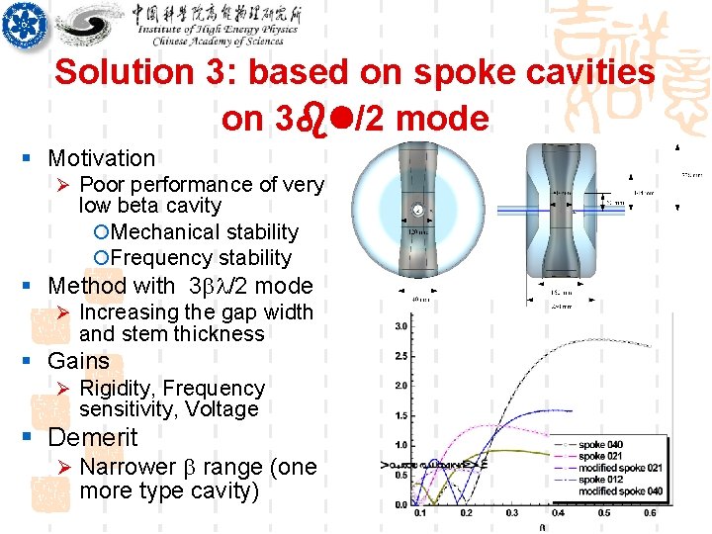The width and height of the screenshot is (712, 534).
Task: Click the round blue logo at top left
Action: pos(25,26)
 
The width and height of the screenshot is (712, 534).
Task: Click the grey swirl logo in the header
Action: pos(90,26)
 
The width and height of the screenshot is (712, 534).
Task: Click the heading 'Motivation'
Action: pos(102,158)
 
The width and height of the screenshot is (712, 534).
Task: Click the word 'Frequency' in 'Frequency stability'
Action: pos(158,258)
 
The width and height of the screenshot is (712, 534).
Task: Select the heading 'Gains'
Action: pos(78,361)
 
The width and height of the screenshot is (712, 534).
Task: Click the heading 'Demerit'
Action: pos(93,437)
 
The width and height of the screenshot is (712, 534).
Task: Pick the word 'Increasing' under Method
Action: pos(129,312)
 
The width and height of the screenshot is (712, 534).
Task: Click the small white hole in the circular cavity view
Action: pos(419,210)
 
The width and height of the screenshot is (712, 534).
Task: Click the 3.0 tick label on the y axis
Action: pos(401,326)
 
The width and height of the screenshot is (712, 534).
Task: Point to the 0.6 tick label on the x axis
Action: pos(651,512)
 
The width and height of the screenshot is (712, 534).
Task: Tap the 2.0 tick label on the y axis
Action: pos(401,386)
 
